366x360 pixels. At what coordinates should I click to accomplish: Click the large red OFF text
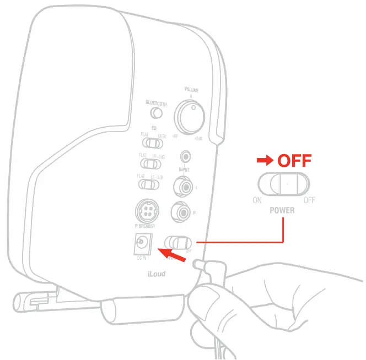point(294,161)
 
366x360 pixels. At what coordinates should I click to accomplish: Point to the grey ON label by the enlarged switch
point(257,200)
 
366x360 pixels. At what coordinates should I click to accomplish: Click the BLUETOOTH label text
point(156,103)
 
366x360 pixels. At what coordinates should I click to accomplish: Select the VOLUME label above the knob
point(191,90)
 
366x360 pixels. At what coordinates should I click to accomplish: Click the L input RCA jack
point(182,186)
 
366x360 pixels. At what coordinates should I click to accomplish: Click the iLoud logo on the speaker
point(155,272)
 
